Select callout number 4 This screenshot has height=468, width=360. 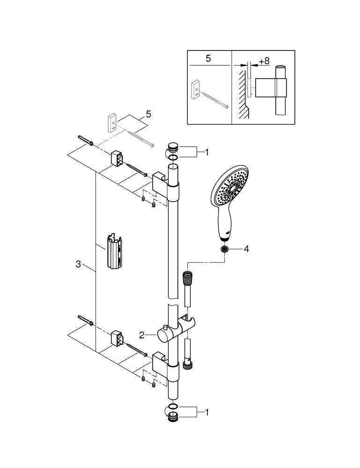click(246, 249)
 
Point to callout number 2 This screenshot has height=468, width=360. click(142, 335)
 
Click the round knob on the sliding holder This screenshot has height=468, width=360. click(164, 335)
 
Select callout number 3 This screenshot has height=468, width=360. click(79, 264)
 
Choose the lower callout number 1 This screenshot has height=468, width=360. click(206, 412)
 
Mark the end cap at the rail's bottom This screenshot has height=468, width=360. click(173, 417)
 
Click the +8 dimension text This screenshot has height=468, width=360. click(264, 61)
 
